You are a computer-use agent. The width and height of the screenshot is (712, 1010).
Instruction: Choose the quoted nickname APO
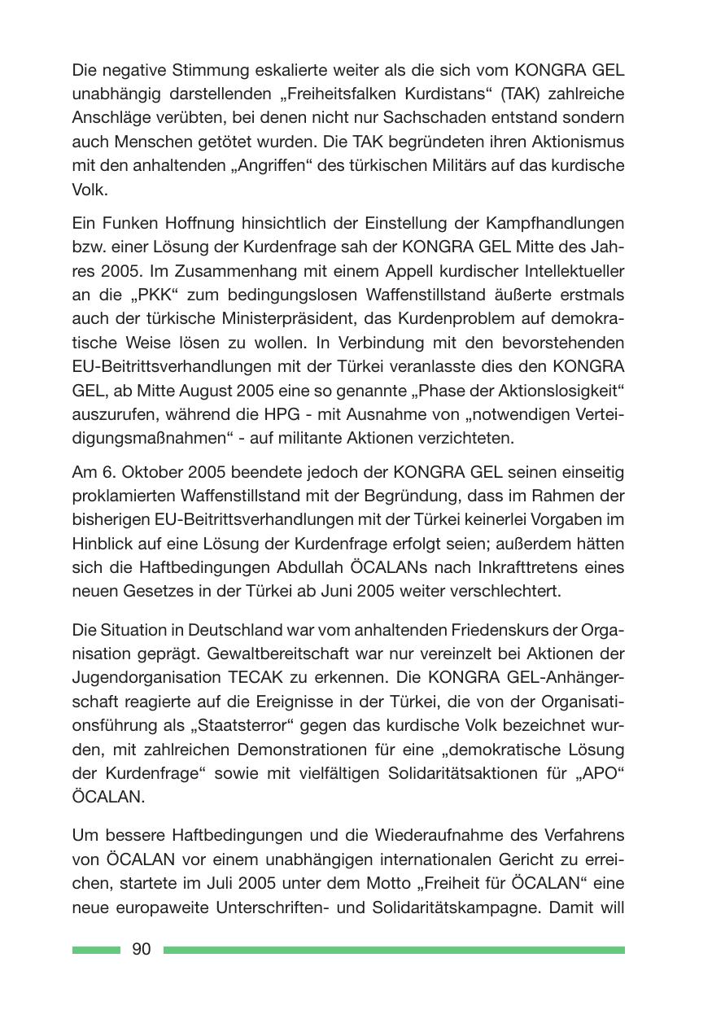point(600,772)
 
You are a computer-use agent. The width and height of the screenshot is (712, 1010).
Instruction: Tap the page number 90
point(141,950)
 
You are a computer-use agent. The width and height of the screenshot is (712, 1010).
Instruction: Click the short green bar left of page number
point(96,950)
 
